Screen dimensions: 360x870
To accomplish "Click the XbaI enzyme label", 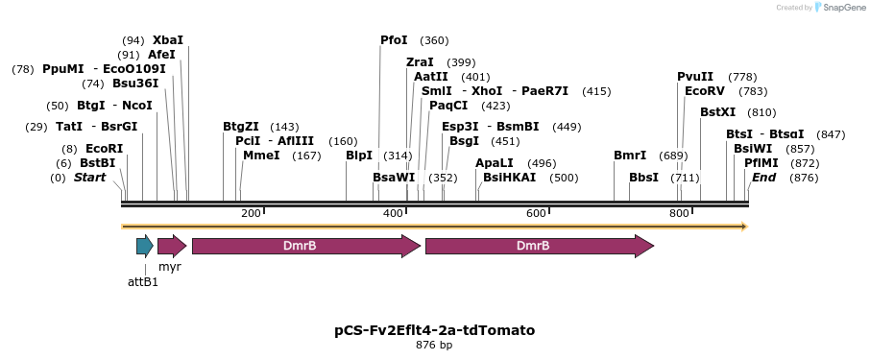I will click(168, 40).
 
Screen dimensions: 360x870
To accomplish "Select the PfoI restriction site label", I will click(394, 40).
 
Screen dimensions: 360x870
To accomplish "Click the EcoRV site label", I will click(704, 91).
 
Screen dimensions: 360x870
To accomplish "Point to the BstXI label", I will click(717, 112).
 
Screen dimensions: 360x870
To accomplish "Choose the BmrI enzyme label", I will click(630, 156).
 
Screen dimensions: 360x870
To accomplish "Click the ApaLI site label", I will click(495, 163).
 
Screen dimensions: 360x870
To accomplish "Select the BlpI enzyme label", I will click(359, 156).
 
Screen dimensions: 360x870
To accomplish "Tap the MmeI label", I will click(262, 156).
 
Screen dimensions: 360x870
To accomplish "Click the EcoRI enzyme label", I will click(105, 149).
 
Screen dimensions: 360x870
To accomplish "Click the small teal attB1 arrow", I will click(144, 246).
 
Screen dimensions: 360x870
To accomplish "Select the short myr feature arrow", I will click(171, 246).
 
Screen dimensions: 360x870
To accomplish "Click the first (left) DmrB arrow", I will click(305, 246).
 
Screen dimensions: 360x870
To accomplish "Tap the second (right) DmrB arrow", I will click(539, 246).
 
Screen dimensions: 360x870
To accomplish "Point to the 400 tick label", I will click(393, 213).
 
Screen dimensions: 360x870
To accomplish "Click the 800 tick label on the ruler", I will click(679, 213).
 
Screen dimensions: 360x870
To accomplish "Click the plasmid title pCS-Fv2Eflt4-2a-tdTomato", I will click(434, 330).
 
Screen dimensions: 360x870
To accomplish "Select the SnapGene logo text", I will click(842, 8).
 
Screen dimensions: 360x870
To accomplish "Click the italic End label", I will click(763, 178).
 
